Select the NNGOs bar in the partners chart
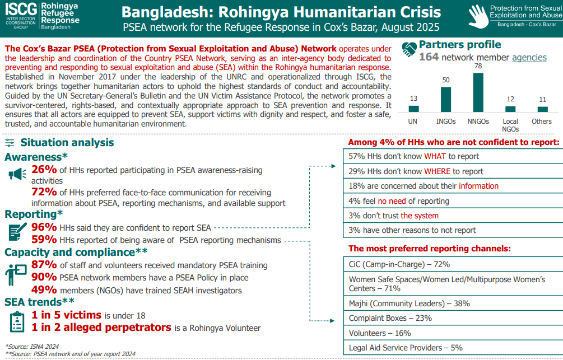478,93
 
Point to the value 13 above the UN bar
413,99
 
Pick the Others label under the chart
542,121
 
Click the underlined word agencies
529,57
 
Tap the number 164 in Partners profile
429,57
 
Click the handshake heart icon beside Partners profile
410,49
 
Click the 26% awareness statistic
44,170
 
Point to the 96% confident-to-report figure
44,227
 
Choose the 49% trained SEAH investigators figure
44,290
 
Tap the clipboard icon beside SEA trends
17,321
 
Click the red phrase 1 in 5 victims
67,315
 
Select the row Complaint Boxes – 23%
453,318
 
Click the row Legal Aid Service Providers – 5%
453,348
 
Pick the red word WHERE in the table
437,171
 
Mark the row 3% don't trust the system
453,216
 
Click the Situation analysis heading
67,142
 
